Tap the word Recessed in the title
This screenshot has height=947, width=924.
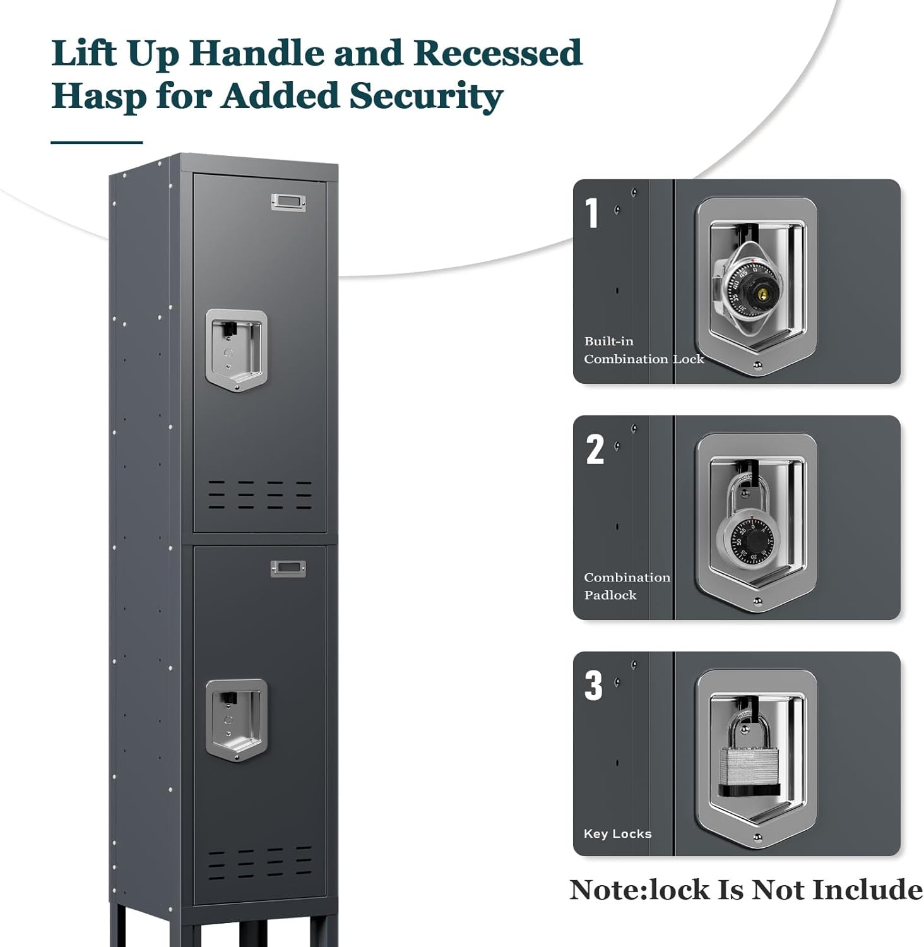498,53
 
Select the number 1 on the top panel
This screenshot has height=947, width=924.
591,213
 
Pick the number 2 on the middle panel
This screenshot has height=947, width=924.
595,450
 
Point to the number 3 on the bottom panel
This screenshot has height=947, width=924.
593,686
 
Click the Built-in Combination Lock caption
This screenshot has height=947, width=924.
643,350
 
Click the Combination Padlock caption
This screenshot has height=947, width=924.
626,586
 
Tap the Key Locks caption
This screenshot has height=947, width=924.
617,833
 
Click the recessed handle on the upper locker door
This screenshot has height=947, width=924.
236,349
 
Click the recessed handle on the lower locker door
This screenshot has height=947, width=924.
236,720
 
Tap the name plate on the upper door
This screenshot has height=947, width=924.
288,202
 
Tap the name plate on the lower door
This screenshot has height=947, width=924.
288,569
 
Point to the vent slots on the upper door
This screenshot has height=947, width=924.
259,495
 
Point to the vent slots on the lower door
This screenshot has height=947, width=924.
259,863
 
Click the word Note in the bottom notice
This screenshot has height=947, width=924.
604,890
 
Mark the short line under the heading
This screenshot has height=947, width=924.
96,143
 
